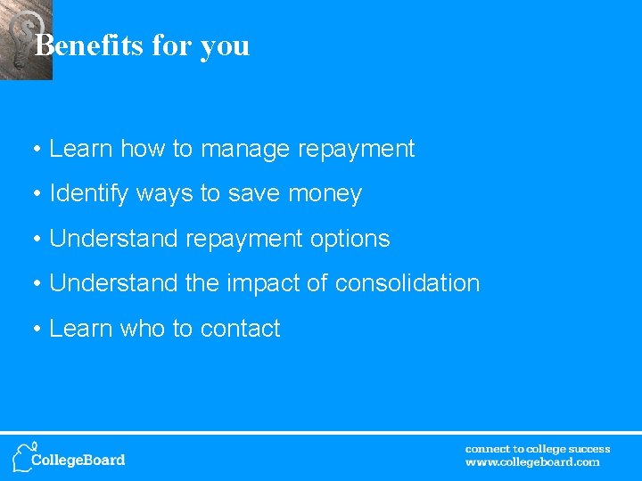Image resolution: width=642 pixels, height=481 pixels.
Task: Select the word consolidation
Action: (407, 283)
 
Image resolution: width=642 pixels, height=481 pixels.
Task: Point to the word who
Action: (142, 329)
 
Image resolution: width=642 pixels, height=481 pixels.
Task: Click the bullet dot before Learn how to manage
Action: (37, 150)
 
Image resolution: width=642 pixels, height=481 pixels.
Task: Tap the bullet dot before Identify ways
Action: (37, 194)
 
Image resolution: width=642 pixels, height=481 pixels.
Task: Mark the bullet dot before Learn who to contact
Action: (37, 329)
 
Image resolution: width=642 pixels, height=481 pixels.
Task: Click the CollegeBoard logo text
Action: (78, 460)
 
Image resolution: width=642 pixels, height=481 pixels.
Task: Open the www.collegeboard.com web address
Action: (532, 462)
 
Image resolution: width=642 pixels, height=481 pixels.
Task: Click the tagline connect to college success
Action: (538, 449)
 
